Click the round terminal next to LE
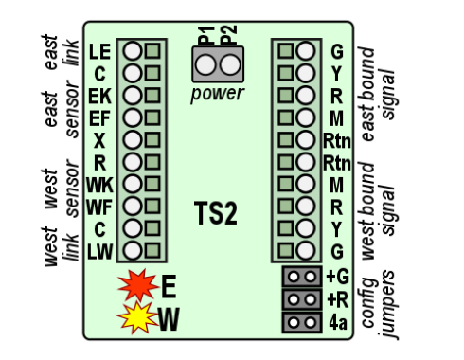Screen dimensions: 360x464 [134, 50]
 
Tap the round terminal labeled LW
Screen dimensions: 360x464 [134, 250]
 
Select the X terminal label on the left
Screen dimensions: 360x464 [100, 139]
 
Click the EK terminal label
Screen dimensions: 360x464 [98, 95]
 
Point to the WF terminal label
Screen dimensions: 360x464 [98, 206]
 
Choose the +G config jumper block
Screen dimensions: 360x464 [302, 278]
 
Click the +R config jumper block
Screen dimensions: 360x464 [302, 299]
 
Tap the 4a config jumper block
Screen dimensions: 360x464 [302, 321]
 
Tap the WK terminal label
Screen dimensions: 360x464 [98, 183]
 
